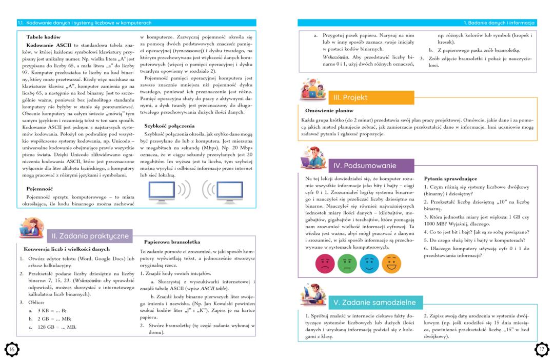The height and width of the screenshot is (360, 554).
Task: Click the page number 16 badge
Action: [11, 349]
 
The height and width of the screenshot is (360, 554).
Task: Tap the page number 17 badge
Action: [542, 349]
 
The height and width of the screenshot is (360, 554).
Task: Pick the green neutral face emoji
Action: [347, 264]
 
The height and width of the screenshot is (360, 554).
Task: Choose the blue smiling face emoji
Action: [369, 264]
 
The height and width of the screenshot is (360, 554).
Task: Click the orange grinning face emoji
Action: [391, 264]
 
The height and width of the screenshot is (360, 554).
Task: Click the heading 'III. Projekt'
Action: [350, 97]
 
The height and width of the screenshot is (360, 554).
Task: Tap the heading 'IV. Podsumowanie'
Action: [364, 166]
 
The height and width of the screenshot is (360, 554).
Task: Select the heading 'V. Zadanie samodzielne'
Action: [374, 302]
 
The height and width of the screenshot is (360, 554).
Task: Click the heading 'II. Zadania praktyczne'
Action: [90, 236]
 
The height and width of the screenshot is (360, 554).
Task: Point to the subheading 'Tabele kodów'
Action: [44, 37]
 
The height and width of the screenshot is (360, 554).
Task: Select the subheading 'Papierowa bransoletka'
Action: [172, 242]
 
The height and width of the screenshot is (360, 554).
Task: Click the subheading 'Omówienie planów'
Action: [329, 110]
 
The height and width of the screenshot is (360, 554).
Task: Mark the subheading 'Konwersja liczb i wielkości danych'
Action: [67, 249]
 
